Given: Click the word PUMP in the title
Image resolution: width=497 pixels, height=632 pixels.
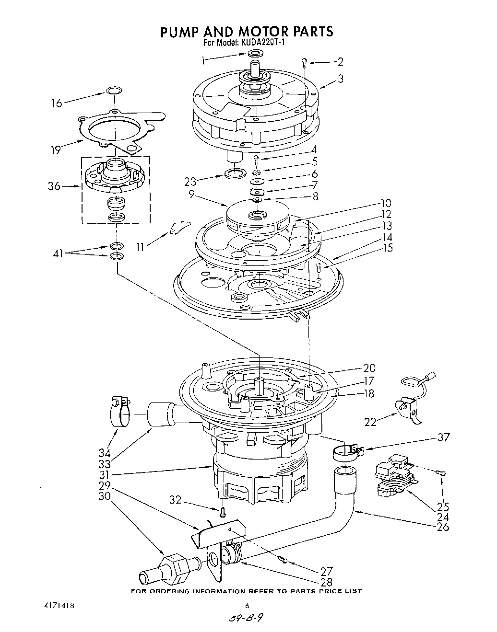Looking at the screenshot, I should (x=181, y=32).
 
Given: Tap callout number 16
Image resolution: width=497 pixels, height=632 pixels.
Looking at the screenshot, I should (x=57, y=103).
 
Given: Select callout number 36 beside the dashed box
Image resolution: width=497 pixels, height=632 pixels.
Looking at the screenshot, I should (x=54, y=186).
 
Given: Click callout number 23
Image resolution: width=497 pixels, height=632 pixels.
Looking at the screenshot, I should (x=190, y=182).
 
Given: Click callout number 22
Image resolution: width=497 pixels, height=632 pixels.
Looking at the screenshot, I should (x=369, y=422).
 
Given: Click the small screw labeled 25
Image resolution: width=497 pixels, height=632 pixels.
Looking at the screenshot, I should (x=441, y=473).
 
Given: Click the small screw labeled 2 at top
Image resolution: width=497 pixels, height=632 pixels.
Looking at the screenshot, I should (x=305, y=61).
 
